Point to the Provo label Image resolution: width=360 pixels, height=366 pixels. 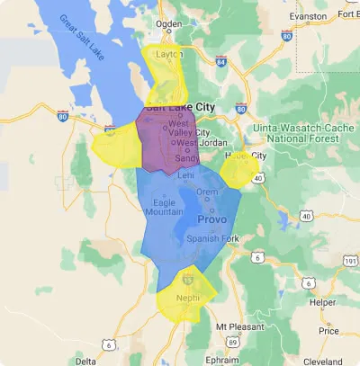click(x=213, y=219)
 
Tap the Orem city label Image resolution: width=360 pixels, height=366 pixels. click(x=207, y=192)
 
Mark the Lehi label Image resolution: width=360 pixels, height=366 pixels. click(x=186, y=176)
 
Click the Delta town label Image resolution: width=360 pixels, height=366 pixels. click(x=85, y=360)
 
